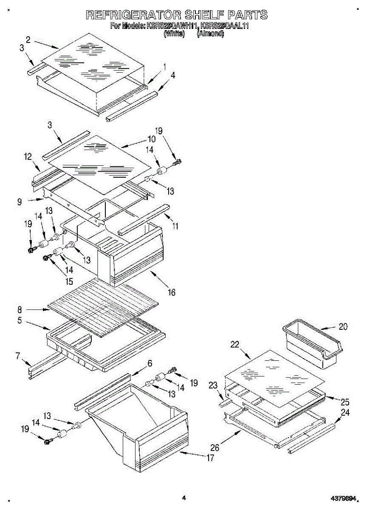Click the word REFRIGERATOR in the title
click(x=134, y=15)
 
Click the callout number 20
click(x=343, y=327)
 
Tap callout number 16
click(x=171, y=292)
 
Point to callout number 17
click(x=210, y=458)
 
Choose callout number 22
click(x=235, y=345)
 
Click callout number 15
click(x=68, y=281)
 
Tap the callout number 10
click(x=152, y=139)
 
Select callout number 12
click(x=28, y=157)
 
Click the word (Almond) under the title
click(x=210, y=34)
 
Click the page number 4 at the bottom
click(x=183, y=498)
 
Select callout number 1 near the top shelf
click(x=165, y=66)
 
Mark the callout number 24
click(x=345, y=412)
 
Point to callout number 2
click(x=28, y=40)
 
